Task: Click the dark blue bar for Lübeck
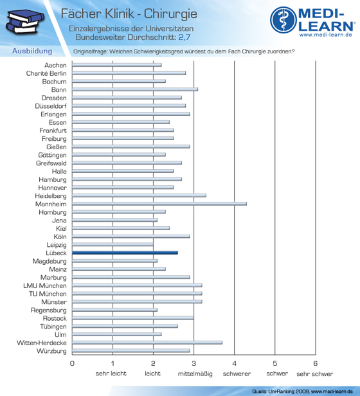[x=125, y=253]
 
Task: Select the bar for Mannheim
[x=159, y=204]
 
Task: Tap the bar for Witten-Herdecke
[x=147, y=343]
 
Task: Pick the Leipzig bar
[x=113, y=244]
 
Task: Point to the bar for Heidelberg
[x=139, y=195]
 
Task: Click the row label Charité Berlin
[x=46, y=73]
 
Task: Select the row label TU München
[x=48, y=294]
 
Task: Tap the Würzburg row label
[x=51, y=351]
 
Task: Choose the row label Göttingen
[x=52, y=155]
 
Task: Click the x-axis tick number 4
[x=234, y=363]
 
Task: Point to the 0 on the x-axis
[x=72, y=363]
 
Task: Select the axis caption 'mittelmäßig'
[x=195, y=373]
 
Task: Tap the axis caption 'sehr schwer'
[x=315, y=373]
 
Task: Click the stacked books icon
[x=24, y=21]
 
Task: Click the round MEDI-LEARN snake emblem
[x=283, y=20]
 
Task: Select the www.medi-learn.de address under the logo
[x=326, y=35]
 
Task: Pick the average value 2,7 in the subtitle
[x=184, y=37]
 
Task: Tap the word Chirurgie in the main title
[x=170, y=14]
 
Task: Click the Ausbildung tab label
[x=32, y=51]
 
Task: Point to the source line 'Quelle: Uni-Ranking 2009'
[x=281, y=392]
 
